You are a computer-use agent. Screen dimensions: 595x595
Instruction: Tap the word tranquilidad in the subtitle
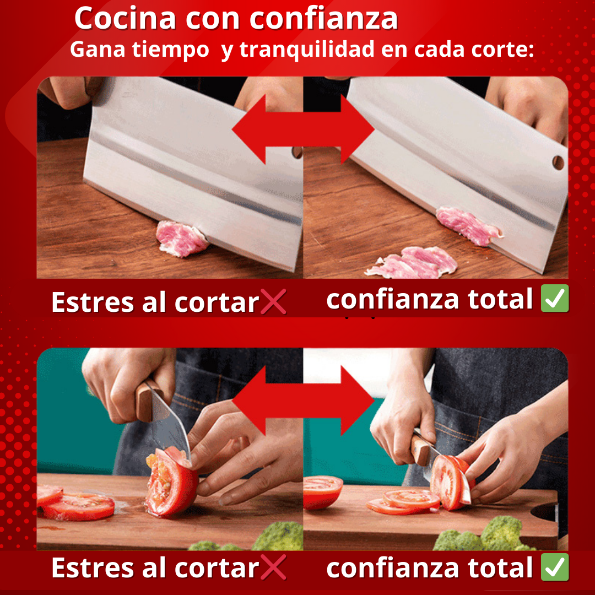point(307,50)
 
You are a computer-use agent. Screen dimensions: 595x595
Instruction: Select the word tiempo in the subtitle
point(170,50)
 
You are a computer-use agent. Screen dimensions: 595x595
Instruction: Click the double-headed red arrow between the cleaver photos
point(303,129)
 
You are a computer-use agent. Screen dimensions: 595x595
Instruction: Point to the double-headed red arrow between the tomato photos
point(303,400)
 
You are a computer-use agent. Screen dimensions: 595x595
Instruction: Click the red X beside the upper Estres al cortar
point(273,302)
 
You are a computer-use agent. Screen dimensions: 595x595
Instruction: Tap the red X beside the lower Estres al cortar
point(273,567)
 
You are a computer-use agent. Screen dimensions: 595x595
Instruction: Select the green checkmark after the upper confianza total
point(555,298)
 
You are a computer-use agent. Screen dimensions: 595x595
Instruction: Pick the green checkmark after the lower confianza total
point(555,567)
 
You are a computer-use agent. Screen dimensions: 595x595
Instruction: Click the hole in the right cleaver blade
point(558,163)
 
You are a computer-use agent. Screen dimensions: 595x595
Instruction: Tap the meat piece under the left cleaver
point(181,239)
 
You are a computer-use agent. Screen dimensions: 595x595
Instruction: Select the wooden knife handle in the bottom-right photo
point(422,449)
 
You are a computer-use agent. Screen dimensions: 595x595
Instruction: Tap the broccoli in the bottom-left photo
point(262,538)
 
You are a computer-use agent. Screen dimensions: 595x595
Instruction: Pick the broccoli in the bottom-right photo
point(486,534)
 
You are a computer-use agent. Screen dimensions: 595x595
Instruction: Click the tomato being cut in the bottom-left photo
point(171,482)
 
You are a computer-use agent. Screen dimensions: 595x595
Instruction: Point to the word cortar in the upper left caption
point(217,303)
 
